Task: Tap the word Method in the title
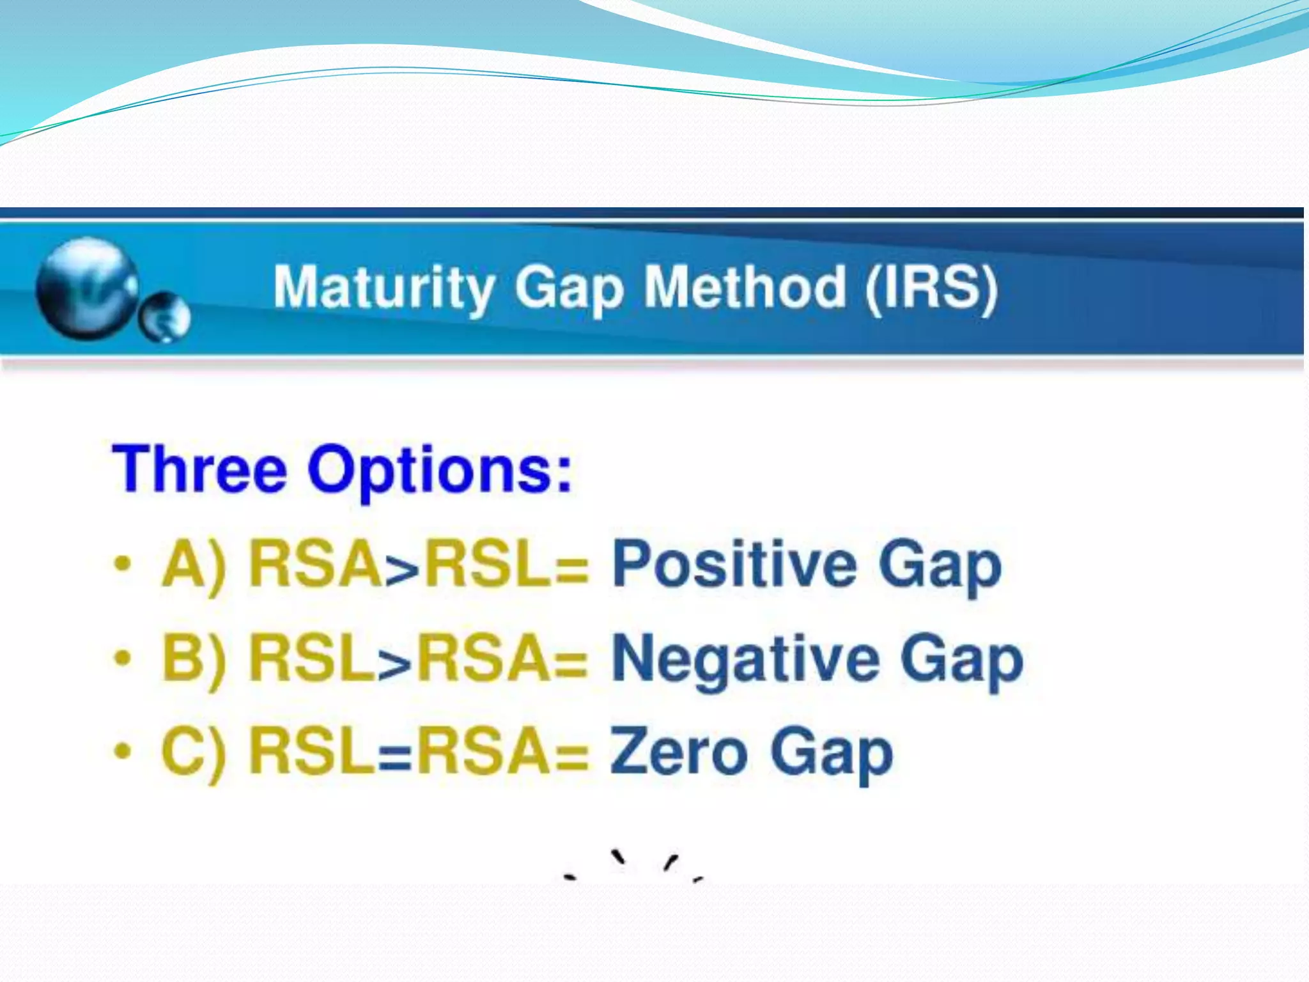(745, 288)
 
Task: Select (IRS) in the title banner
(931, 288)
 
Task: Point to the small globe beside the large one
(166, 317)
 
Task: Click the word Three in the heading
(199, 470)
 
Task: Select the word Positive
(734, 565)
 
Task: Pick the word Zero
(678, 752)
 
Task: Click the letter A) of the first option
(194, 565)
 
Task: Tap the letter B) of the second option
(194, 659)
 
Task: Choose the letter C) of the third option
(194, 752)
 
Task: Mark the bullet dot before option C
(122, 751)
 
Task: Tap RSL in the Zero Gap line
(311, 752)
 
